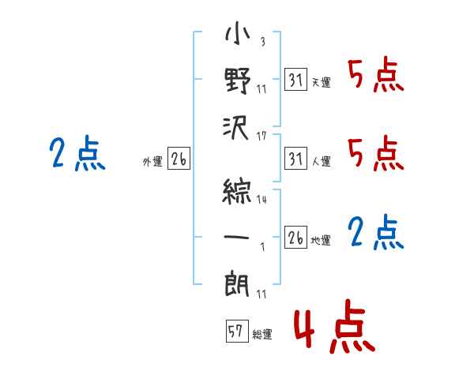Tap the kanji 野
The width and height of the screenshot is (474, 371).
tap(237, 81)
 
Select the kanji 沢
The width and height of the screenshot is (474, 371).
tap(235, 128)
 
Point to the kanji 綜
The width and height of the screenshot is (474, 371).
tap(237, 192)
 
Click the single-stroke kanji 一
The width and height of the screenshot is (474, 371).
tap(236, 237)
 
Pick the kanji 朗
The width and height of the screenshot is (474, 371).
tap(237, 284)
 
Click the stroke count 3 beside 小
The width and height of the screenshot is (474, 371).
tap(263, 41)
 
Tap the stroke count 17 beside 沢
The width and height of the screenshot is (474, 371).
tap(261, 137)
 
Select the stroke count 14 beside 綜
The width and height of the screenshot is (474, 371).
tap(261, 200)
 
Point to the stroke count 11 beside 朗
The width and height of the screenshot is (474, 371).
tap(261, 294)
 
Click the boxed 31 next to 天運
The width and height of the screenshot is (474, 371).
tap(295, 79)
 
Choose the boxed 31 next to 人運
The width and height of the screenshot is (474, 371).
tap(295, 158)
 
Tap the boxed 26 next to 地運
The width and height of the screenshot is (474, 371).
tap(295, 237)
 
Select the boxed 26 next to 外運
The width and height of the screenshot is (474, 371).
tap(179, 158)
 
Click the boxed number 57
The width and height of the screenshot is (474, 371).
tap(237, 331)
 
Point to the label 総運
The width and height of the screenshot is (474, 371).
tap(262, 335)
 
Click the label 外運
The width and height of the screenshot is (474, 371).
tap(152, 162)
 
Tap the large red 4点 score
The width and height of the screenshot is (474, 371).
tap(335, 326)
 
